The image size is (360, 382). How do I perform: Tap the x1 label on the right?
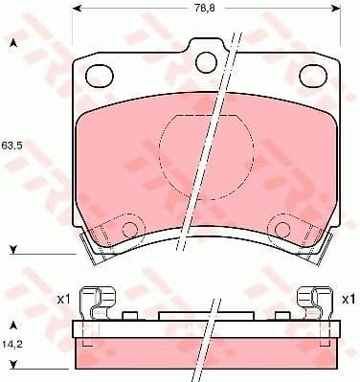point(349,300)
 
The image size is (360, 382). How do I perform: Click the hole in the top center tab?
point(205,60)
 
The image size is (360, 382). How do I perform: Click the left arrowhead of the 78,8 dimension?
point(76,10)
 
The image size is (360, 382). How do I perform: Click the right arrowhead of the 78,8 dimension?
point(338,10)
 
